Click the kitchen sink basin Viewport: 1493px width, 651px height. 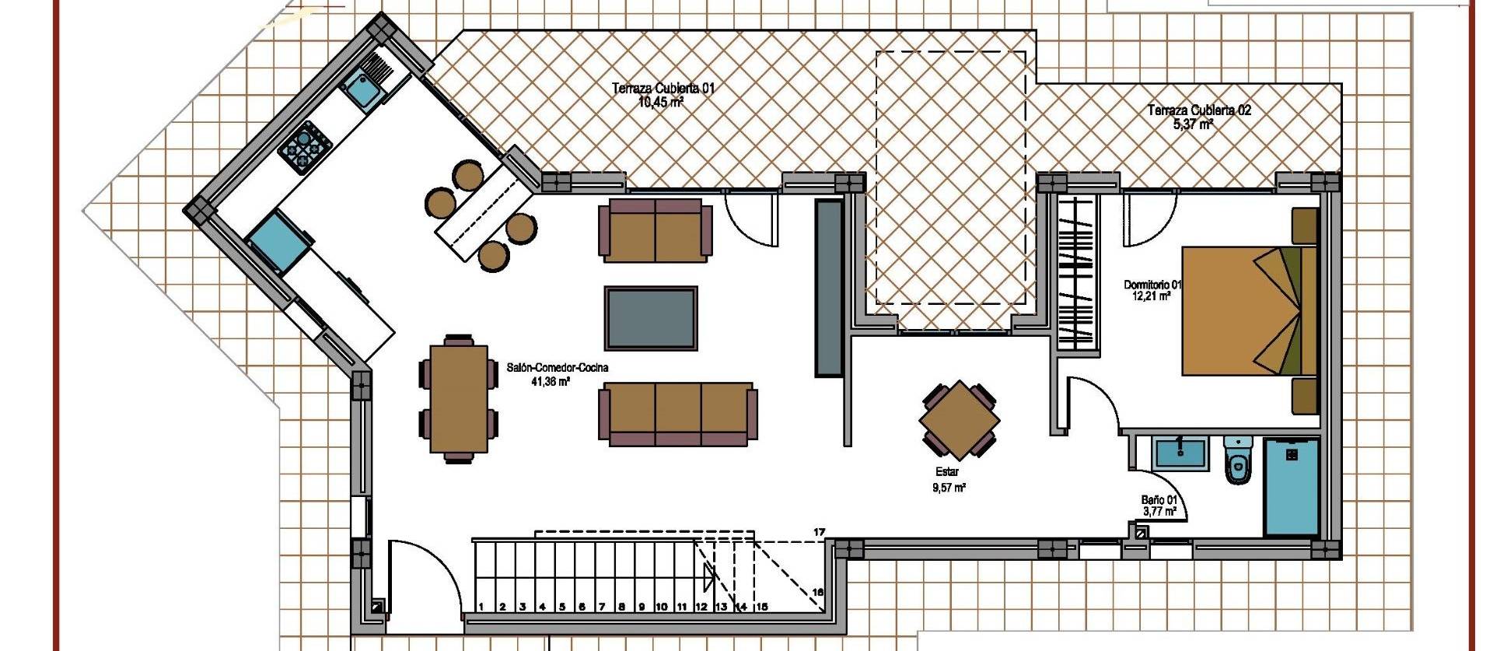[363, 90]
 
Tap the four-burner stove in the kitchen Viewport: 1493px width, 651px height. [305, 146]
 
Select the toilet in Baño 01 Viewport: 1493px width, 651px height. [1237, 460]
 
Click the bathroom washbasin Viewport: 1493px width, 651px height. [1180, 453]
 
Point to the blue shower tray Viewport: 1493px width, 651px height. [1291, 487]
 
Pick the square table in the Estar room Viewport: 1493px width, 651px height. [959, 421]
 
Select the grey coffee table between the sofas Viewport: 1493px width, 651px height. [651, 317]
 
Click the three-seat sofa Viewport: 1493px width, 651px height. [677, 413]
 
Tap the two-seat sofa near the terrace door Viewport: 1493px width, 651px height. [655, 229]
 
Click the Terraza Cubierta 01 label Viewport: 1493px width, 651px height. [663, 89]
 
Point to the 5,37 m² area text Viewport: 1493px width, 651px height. [1193, 124]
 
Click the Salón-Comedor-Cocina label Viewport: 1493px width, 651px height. [557, 367]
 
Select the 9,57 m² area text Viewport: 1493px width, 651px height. [949, 488]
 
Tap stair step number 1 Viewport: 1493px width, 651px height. [481, 607]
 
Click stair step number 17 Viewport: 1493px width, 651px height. [819, 532]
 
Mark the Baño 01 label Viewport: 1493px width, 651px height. [1159, 500]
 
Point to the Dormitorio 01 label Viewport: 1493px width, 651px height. [1152, 285]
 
